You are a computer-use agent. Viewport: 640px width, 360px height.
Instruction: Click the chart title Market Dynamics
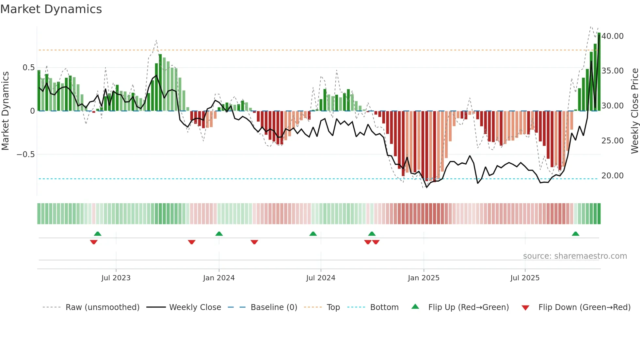click(51, 9)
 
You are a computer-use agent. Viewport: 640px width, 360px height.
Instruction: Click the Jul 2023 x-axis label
click(116, 278)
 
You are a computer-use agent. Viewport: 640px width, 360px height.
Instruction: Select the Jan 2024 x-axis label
click(219, 278)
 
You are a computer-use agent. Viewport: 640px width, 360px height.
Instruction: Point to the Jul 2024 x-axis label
click(321, 278)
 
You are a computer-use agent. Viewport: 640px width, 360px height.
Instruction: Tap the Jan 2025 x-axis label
click(424, 278)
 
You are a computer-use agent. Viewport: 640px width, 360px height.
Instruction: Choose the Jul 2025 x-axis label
click(525, 278)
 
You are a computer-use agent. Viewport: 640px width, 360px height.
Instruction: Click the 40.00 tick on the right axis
click(613, 36)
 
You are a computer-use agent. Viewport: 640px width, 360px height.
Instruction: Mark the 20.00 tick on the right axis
click(613, 176)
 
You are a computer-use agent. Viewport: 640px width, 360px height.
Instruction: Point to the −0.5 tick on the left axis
click(26, 154)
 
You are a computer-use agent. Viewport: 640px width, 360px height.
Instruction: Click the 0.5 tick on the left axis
click(28, 68)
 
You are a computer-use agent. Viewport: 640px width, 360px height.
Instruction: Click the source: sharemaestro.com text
click(575, 256)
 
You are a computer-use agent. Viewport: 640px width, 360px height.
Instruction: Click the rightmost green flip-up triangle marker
click(575, 234)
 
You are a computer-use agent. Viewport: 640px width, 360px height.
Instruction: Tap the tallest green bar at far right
click(599, 72)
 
